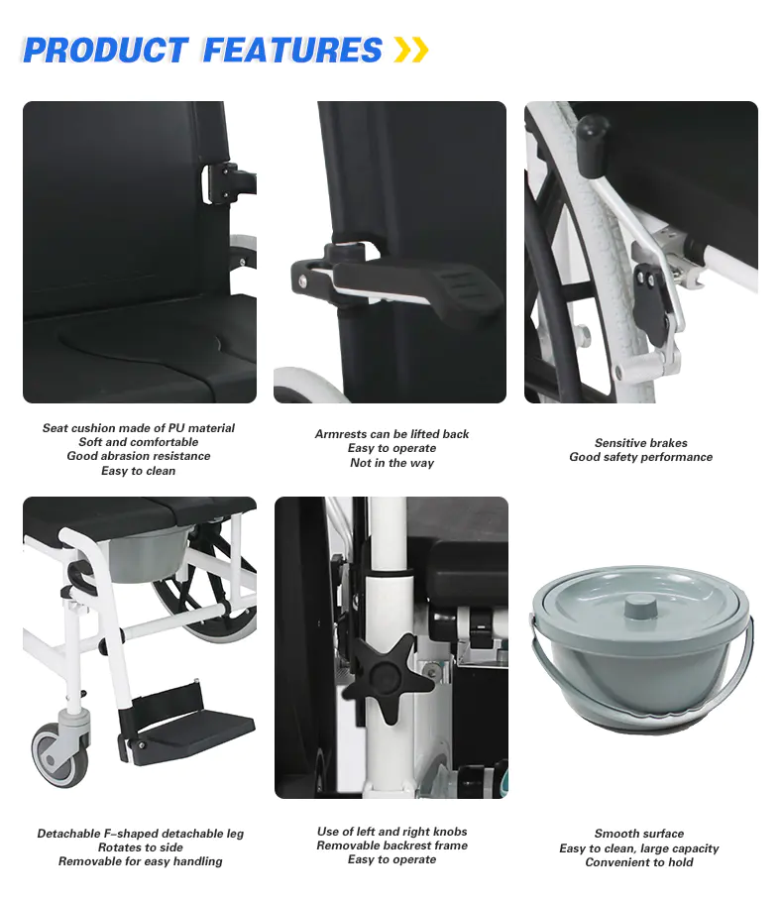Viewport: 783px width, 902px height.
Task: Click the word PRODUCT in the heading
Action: [106, 50]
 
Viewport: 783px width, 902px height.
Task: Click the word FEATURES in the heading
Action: [292, 50]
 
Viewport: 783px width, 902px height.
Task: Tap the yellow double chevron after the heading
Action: [411, 50]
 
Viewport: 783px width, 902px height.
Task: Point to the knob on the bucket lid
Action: [640, 607]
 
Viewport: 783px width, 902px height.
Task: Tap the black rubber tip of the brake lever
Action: [592, 144]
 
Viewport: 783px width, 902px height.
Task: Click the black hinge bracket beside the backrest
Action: [221, 183]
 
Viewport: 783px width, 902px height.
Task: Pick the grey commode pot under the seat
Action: [149, 554]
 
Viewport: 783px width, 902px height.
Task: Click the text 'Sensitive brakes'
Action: [641, 443]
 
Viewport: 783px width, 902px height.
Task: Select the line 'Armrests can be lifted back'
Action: [391, 434]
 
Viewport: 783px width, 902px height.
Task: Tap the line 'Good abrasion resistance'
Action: [139, 456]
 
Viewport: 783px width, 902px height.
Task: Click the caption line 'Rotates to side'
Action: [141, 847]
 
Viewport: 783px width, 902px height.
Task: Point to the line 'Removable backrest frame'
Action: [392, 846]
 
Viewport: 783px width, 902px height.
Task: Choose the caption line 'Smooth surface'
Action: [639, 834]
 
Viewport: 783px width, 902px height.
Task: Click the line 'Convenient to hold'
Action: [639, 862]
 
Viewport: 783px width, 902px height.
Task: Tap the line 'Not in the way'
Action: [391, 463]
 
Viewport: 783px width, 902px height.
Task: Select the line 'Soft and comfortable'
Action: [139, 442]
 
